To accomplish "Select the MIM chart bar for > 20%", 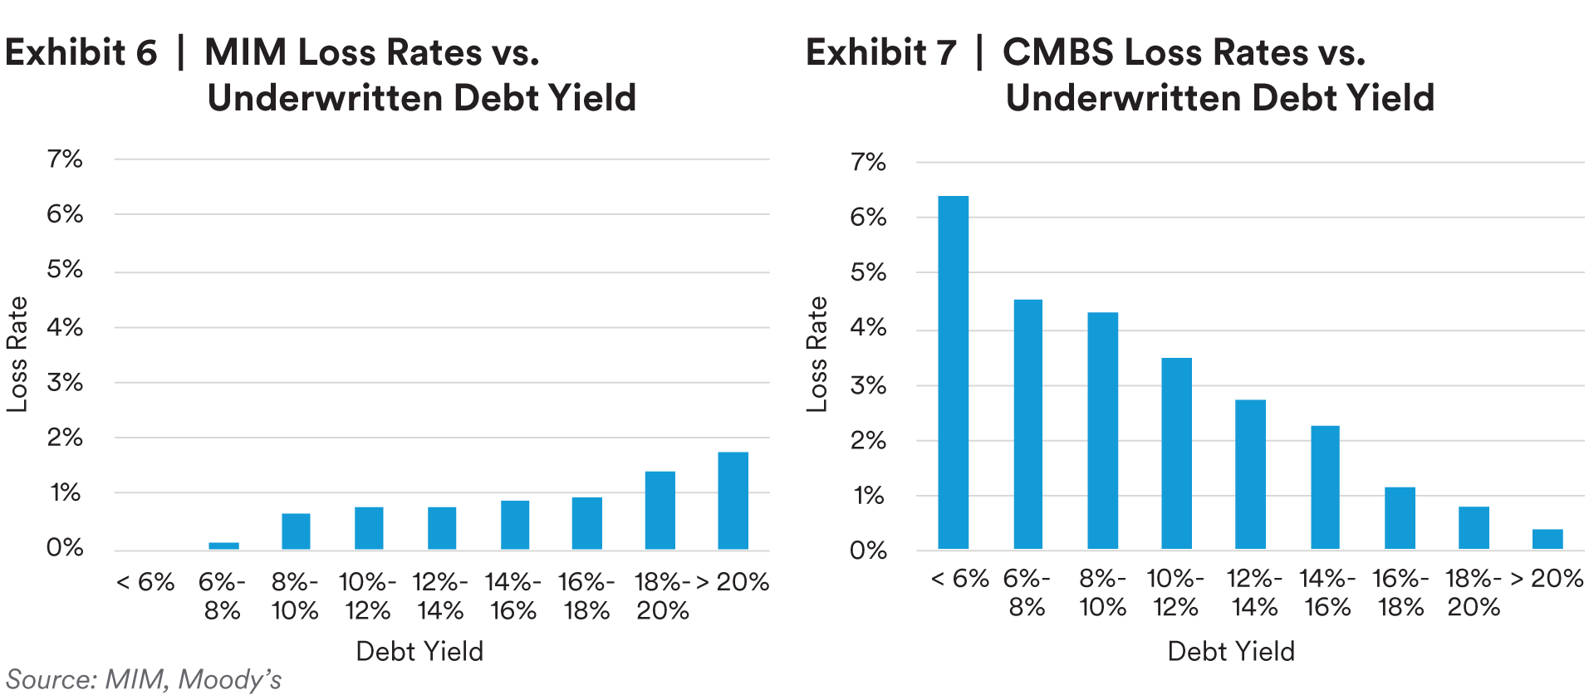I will point(733,501).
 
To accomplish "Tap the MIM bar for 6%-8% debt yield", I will point(223,546).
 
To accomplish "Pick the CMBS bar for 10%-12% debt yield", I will point(1176,453).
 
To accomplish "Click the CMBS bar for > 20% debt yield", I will point(1547,539).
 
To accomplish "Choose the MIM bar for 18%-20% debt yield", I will point(660,510).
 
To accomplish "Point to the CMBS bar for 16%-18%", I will point(1400,517).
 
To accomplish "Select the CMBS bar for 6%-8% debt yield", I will point(1027,423).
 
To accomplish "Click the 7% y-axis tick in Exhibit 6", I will point(65,159).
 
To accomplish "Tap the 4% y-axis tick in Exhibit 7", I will point(868,328).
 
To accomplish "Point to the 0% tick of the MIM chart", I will point(65,547).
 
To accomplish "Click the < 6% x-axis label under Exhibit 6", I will point(145,582).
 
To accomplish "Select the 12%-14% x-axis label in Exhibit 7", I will point(1254,593).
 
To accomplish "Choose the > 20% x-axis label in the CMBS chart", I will point(1547,578).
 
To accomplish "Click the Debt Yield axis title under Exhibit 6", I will point(419,651).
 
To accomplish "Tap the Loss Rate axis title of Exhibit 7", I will point(817,354).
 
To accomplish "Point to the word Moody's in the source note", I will point(230,679).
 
